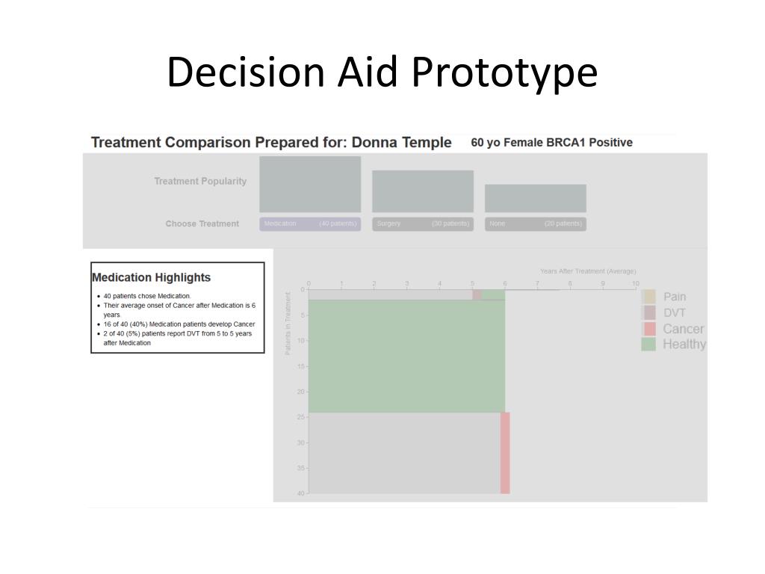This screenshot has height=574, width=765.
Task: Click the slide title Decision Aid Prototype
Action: pyautogui.click(x=382, y=72)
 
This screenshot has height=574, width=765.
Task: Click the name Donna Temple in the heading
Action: pyautogui.click(x=401, y=142)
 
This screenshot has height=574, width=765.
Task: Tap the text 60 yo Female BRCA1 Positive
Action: pyautogui.click(x=551, y=142)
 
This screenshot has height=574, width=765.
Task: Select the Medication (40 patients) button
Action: pyautogui.click(x=310, y=223)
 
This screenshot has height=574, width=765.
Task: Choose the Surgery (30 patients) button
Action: pyautogui.click(x=423, y=223)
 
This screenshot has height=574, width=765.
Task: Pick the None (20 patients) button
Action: pyautogui.click(x=535, y=223)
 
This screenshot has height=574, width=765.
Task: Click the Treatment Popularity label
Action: pyautogui.click(x=200, y=181)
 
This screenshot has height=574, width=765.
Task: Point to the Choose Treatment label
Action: pyautogui.click(x=202, y=223)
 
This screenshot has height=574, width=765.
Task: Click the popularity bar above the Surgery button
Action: pyautogui.click(x=423, y=191)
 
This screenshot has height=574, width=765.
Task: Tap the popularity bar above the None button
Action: pyautogui.click(x=535, y=198)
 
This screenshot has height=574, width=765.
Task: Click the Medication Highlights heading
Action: pyautogui.click(x=151, y=277)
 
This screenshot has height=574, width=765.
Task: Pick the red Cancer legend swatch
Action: pyautogui.click(x=649, y=329)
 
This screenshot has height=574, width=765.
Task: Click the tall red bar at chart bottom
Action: pyautogui.click(x=505, y=453)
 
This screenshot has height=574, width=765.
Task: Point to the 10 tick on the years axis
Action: pyautogui.click(x=635, y=284)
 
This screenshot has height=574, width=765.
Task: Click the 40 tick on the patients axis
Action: pyautogui.click(x=301, y=493)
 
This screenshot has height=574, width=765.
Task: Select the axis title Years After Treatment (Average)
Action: pyautogui.click(x=588, y=271)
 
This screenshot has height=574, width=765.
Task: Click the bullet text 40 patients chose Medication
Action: pyautogui.click(x=147, y=296)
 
